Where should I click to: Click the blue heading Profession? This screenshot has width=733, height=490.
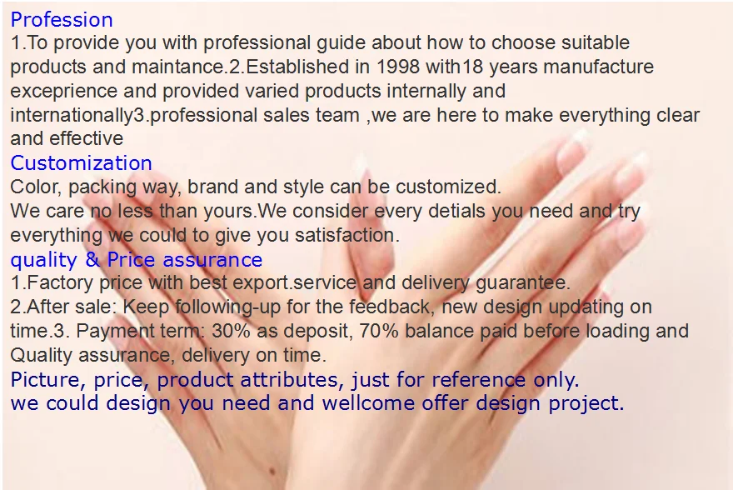(62, 20)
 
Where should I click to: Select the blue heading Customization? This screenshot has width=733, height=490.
(82, 163)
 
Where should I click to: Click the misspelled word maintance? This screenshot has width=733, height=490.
(179, 67)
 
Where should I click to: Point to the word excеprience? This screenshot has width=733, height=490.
(63, 91)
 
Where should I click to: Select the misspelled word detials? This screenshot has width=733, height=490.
(456, 211)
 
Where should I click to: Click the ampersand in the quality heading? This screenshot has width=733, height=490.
(92, 259)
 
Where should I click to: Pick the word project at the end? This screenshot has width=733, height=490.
(586, 403)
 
